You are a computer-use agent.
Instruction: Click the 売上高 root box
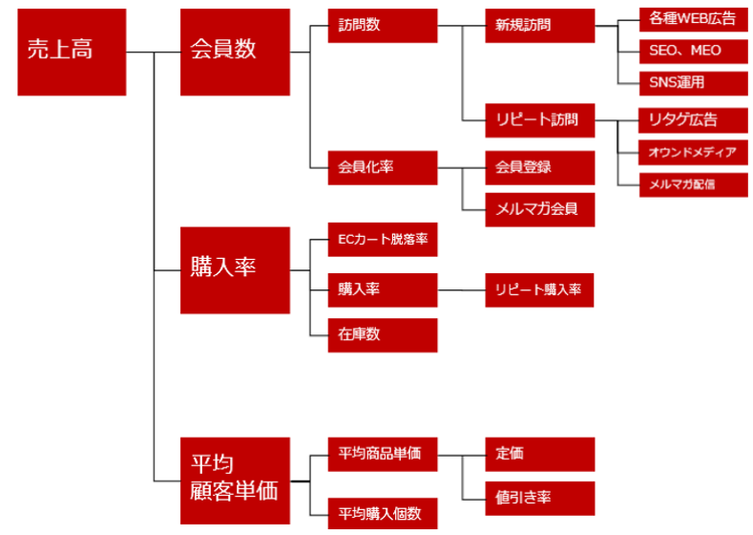pyautogui.click(x=72, y=52)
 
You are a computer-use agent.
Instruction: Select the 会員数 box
pyautogui.click(x=235, y=52)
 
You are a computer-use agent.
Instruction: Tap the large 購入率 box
pyautogui.click(x=235, y=269)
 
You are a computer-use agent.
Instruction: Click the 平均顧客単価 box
pyautogui.click(x=235, y=480)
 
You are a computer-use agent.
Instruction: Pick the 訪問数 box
pyautogui.click(x=382, y=26)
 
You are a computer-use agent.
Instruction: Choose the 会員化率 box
pyautogui.click(x=382, y=167)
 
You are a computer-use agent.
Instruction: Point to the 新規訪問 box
pyautogui.click(x=539, y=26)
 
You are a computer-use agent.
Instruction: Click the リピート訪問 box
pyautogui.click(x=539, y=120)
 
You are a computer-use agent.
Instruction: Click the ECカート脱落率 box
pyautogui.click(x=382, y=240)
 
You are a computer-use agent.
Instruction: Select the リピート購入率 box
pyautogui.click(x=539, y=289)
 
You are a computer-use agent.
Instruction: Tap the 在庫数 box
pyautogui.click(x=382, y=334)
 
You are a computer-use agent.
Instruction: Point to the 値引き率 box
pyautogui.click(x=539, y=498)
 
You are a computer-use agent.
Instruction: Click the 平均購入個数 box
pyautogui.click(x=382, y=513)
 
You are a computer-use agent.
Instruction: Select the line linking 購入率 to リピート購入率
pyautogui.click(x=461, y=289)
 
